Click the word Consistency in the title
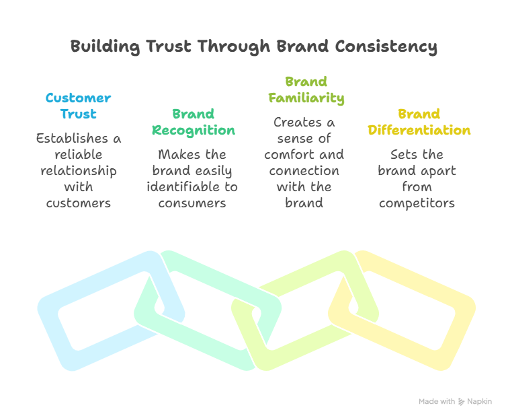point(386,46)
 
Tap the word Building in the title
point(105,46)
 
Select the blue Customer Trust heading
point(79,106)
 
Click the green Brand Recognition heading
point(194,123)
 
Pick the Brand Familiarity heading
point(306,90)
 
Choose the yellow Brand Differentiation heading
point(419,123)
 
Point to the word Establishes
point(72,139)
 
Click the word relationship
point(79,172)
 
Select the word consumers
point(192,203)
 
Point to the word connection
point(304,171)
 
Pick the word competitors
point(417,204)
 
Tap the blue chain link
point(111,310)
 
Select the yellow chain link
point(402,310)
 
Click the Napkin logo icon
point(461,402)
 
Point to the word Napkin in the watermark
point(480,402)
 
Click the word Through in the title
point(234,46)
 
